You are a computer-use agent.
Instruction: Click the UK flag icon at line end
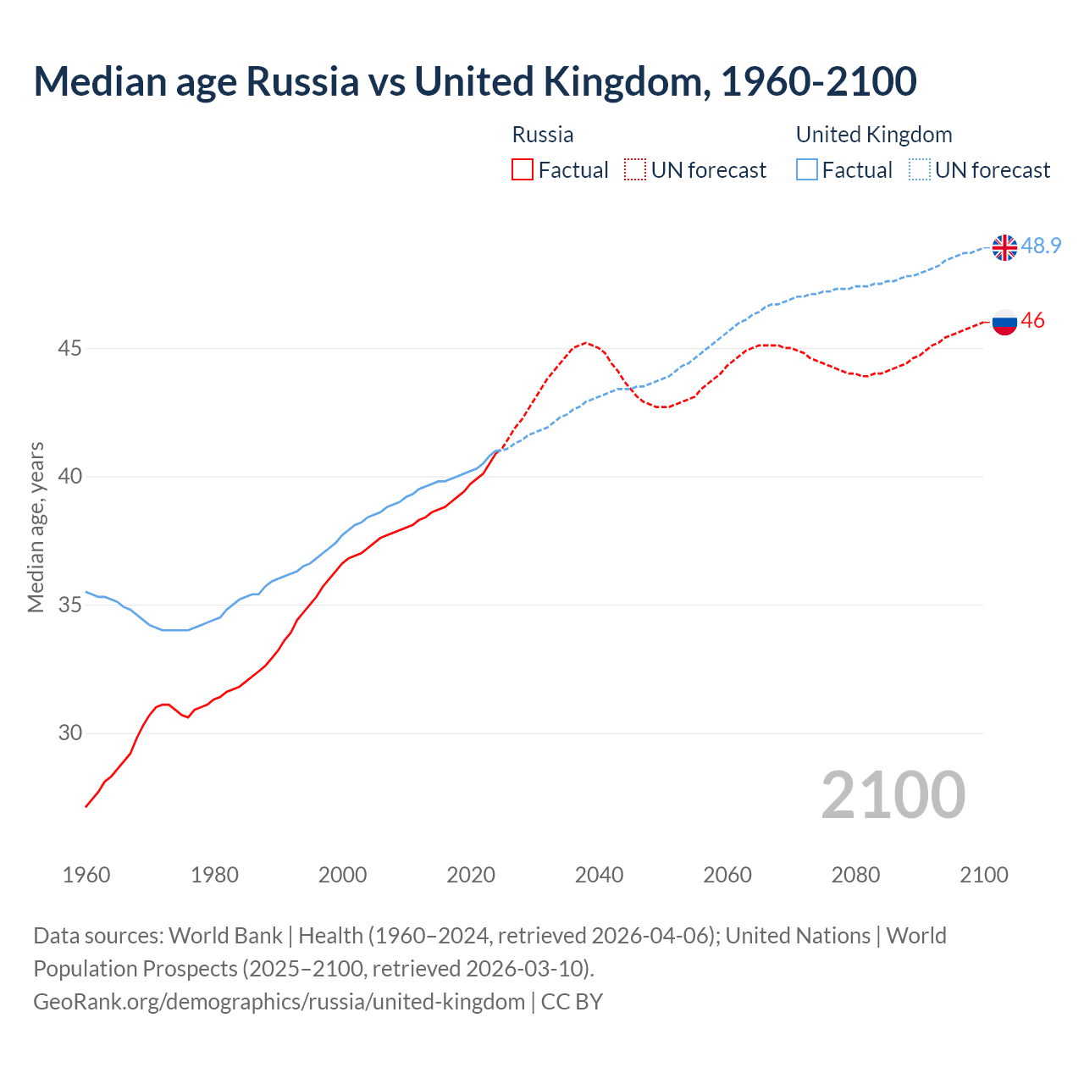click(x=1004, y=247)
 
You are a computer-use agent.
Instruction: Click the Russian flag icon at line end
click(x=1004, y=321)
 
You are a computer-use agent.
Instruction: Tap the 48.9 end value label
click(x=1041, y=246)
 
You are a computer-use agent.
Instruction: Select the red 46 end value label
click(x=1032, y=321)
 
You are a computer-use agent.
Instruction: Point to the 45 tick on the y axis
click(x=70, y=349)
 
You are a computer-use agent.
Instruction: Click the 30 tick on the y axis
click(x=70, y=733)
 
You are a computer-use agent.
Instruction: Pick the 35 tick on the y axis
click(x=70, y=606)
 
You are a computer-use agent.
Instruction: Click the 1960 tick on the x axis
click(x=86, y=875)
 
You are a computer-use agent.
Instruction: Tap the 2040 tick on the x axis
click(x=600, y=875)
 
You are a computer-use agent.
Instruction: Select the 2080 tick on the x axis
click(x=855, y=875)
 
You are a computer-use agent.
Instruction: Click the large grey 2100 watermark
click(x=893, y=795)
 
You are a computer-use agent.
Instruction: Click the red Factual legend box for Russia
click(x=523, y=169)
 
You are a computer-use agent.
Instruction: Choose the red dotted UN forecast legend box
click(x=635, y=169)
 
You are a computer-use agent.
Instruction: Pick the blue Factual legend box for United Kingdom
click(x=807, y=169)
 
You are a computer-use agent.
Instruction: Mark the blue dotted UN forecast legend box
click(x=920, y=169)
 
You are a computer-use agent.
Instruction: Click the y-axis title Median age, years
click(x=36, y=527)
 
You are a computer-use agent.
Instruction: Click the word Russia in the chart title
click(x=302, y=82)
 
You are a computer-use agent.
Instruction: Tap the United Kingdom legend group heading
click(x=874, y=135)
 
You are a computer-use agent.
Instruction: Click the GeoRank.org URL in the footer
click(x=279, y=1002)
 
